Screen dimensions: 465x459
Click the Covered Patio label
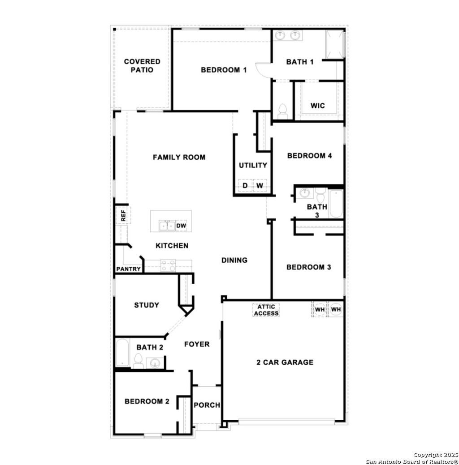pos(142,66)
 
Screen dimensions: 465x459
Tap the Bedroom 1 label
pos(224,70)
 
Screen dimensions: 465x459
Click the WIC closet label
pos(318,106)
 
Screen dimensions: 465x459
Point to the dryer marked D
pos(245,185)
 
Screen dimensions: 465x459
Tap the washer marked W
pos(260,185)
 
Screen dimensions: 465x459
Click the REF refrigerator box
pos(122,215)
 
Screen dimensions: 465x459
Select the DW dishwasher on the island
pos(181,226)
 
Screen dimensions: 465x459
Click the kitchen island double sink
pos(167,226)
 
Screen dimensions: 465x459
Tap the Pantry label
pos(129,269)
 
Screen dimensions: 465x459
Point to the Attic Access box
pos(266,310)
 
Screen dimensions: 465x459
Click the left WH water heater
pos(320,309)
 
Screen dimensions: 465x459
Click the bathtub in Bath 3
pos(336,204)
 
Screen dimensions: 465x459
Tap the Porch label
pos(207,405)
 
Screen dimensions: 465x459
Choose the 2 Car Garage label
pos(285,362)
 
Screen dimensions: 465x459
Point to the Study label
pos(147,305)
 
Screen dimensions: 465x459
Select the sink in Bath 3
pos(305,193)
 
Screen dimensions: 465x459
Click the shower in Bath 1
pos(334,43)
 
